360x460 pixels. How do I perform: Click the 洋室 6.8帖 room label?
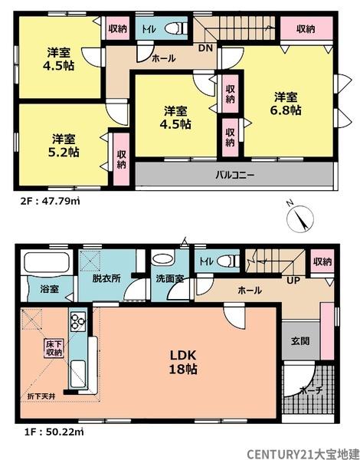click(288, 103)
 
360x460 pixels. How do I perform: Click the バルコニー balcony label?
click(234, 175)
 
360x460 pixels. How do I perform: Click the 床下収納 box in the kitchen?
click(52, 348)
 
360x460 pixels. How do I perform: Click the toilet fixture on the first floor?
click(226, 261)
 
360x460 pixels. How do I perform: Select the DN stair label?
click(206, 48)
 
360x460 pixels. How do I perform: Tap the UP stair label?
click(293, 281)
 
